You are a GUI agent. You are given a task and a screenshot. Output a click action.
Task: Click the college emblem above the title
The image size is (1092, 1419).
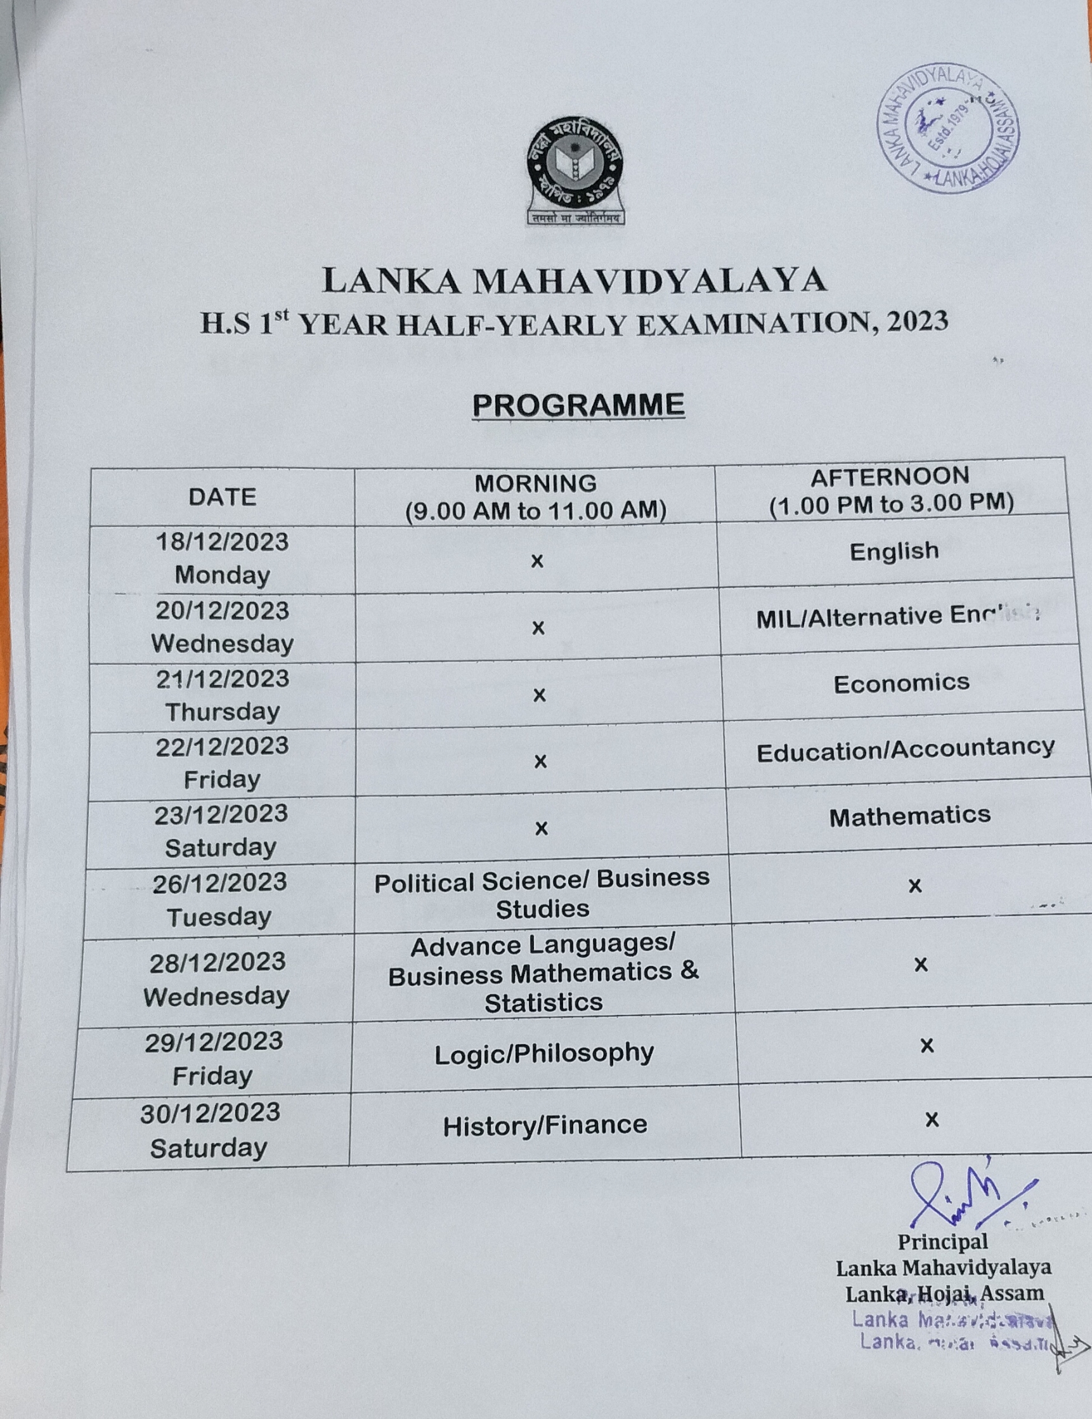pyautogui.click(x=575, y=169)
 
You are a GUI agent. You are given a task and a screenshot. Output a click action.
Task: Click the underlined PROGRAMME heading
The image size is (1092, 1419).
pyautogui.click(x=578, y=405)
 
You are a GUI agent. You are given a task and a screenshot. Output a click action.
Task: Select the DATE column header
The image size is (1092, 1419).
pyautogui.click(x=222, y=497)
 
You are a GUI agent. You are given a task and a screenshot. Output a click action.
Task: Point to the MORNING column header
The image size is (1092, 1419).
pyautogui.click(x=535, y=497)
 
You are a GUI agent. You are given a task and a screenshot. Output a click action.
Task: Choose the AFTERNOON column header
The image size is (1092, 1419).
pyautogui.click(x=890, y=490)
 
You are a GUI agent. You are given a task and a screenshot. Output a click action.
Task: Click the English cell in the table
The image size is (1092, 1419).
pyautogui.click(x=894, y=551)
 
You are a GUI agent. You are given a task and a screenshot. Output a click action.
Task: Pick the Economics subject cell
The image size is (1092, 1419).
pyautogui.click(x=901, y=684)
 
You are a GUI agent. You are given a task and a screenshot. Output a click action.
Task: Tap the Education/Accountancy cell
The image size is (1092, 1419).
pyautogui.click(x=905, y=750)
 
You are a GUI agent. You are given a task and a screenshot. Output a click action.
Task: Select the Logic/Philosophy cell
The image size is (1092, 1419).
pyautogui.click(x=543, y=1054)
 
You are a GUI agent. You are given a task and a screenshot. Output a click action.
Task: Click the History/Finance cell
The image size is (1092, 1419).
pyautogui.click(x=545, y=1125)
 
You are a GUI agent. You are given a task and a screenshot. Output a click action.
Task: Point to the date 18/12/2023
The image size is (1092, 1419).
pyautogui.click(x=222, y=542)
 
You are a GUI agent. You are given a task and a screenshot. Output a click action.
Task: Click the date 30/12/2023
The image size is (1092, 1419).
pyautogui.click(x=211, y=1114)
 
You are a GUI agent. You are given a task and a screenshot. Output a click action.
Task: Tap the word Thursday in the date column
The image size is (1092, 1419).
pyautogui.click(x=222, y=712)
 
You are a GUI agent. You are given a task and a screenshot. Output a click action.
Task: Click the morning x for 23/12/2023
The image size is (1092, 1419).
pyautogui.click(x=541, y=828)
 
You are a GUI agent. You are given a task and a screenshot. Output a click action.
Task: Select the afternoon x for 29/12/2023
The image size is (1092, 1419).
pyautogui.click(x=927, y=1045)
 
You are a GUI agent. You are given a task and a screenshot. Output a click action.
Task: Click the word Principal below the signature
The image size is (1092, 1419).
pyautogui.click(x=942, y=1242)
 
